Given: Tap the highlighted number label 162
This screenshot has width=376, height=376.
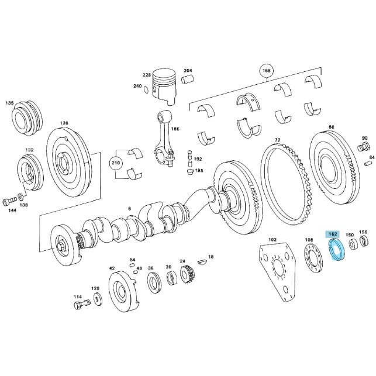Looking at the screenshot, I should click(333, 234).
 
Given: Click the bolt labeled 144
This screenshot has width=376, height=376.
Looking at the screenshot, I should click(10, 202).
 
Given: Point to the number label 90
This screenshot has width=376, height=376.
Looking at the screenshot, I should click(364, 138).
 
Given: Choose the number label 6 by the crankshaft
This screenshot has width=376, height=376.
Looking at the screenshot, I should click(129, 208).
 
